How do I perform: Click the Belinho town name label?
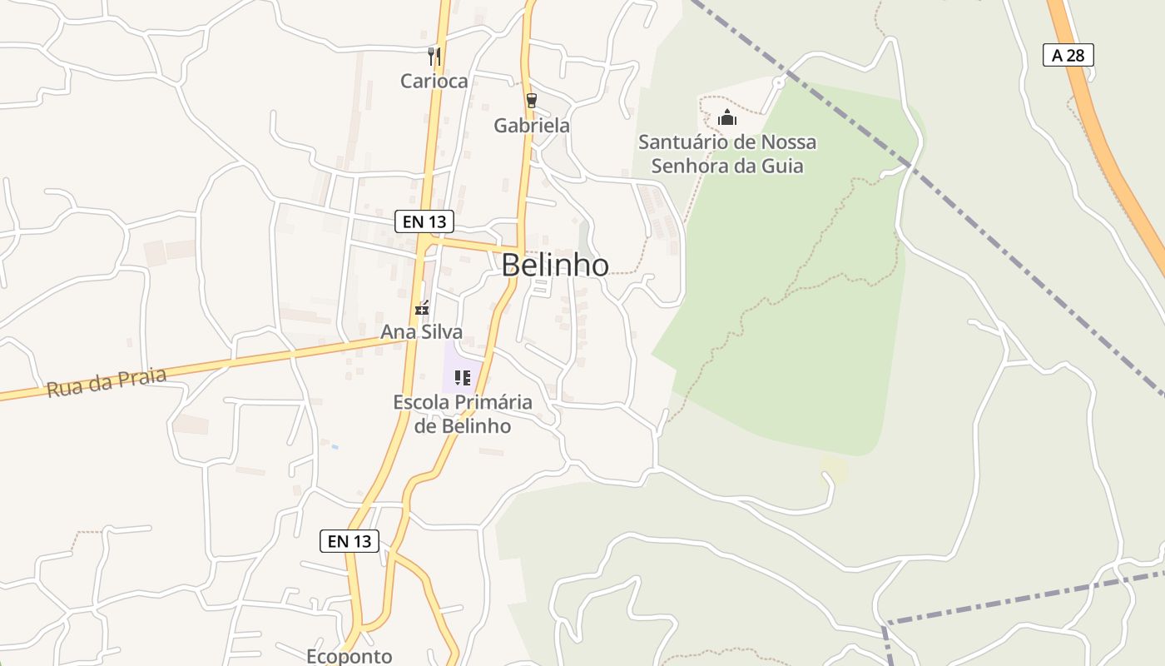point(555,265)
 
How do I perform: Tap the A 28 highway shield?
point(1068,55)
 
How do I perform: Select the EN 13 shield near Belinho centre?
point(424,221)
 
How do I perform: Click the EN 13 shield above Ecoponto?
point(349,541)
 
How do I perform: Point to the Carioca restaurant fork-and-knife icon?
point(434,57)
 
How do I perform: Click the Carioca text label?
point(434,81)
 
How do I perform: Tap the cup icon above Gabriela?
point(531,101)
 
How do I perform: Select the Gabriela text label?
point(532,126)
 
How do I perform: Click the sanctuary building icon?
point(727,117)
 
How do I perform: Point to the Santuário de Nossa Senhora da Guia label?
point(727,154)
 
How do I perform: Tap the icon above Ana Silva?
point(422,308)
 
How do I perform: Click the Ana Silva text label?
point(422,331)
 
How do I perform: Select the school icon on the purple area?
point(463,378)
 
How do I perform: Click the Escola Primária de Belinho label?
point(463,414)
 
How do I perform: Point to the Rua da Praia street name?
point(107,383)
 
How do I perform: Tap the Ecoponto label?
point(349,656)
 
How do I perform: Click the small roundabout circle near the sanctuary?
point(779,82)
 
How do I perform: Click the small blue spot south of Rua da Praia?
point(335,447)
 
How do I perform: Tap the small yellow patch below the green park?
point(834,468)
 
